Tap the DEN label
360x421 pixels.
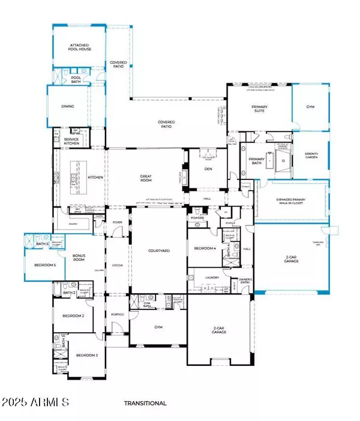pyautogui.click(x=203, y=170)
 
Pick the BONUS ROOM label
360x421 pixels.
pyautogui.click(x=79, y=257)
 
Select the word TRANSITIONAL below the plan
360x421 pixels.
pyautogui.click(x=145, y=404)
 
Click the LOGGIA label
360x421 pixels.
pyautogui.click(x=118, y=264)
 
